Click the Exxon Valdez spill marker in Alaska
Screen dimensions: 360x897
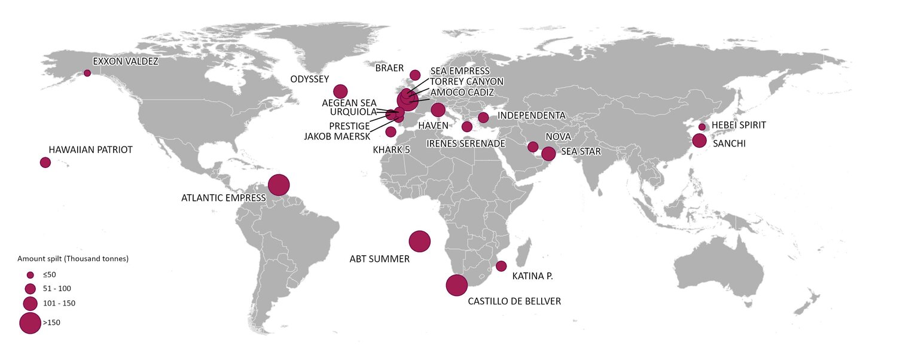click(x=87, y=73)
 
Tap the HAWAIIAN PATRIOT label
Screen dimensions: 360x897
click(x=90, y=150)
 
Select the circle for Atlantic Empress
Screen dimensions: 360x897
click(x=279, y=185)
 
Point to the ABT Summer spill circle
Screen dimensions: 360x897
click(x=419, y=242)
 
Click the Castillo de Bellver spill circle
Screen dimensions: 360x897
click(x=457, y=285)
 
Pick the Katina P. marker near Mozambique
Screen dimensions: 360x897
click(x=501, y=266)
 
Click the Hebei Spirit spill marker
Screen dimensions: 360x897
click(x=702, y=127)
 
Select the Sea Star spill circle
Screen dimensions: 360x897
click(x=548, y=154)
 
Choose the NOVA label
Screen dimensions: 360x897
click(x=558, y=137)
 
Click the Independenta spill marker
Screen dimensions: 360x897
click(x=483, y=117)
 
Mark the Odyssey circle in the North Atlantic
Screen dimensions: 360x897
click(x=340, y=91)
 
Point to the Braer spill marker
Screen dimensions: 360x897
click(x=414, y=75)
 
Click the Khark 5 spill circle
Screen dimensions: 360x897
click(x=391, y=132)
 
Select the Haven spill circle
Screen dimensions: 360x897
click(x=438, y=110)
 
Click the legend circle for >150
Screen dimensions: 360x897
click(x=30, y=323)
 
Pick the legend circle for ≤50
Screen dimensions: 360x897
click(x=30, y=274)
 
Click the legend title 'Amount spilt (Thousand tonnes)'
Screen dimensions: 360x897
click(x=73, y=259)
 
